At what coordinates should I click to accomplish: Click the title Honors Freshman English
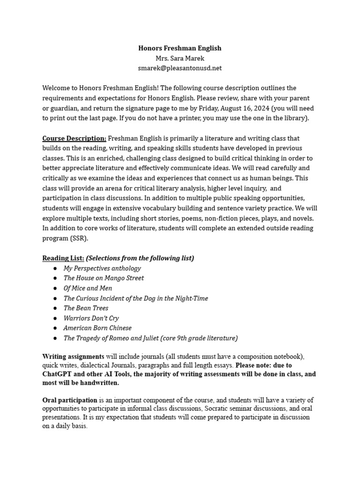(180, 48)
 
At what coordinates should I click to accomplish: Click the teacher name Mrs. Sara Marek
(180, 58)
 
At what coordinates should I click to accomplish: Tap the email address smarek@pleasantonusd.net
(180, 68)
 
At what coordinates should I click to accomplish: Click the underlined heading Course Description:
(74, 138)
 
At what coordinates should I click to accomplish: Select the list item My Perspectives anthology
(102, 268)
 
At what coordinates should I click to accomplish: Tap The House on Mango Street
(104, 278)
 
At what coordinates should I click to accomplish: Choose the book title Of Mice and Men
(88, 288)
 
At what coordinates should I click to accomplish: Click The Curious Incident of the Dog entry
(135, 298)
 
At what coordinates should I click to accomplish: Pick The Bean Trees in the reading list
(86, 308)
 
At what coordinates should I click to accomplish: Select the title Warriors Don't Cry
(91, 318)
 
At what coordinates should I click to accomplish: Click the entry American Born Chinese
(97, 328)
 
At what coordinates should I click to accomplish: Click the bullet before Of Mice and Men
(55, 288)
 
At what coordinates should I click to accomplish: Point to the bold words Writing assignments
(73, 357)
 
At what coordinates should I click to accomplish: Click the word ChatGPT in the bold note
(59, 374)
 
